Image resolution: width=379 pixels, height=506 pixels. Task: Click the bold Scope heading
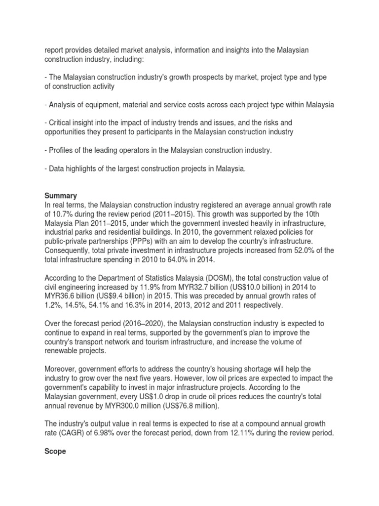click(x=55, y=451)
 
